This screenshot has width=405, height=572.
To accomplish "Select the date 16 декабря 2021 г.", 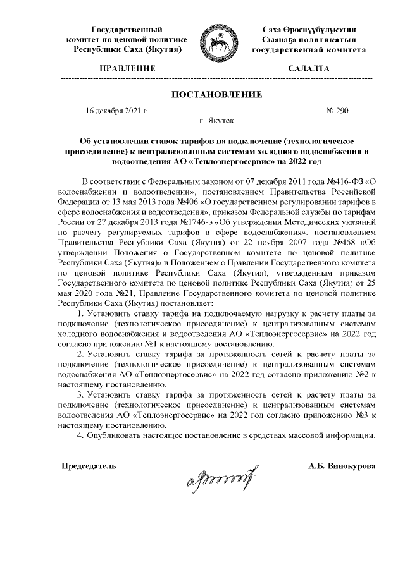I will [x=117, y=111].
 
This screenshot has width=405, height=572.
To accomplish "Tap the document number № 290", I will [x=337, y=111].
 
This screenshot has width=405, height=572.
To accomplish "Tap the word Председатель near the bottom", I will [x=88, y=466].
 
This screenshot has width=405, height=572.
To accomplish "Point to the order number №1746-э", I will [x=182, y=224].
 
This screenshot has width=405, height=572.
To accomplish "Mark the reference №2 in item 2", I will [x=364, y=374].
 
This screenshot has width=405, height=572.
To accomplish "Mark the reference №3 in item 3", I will [x=364, y=415].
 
